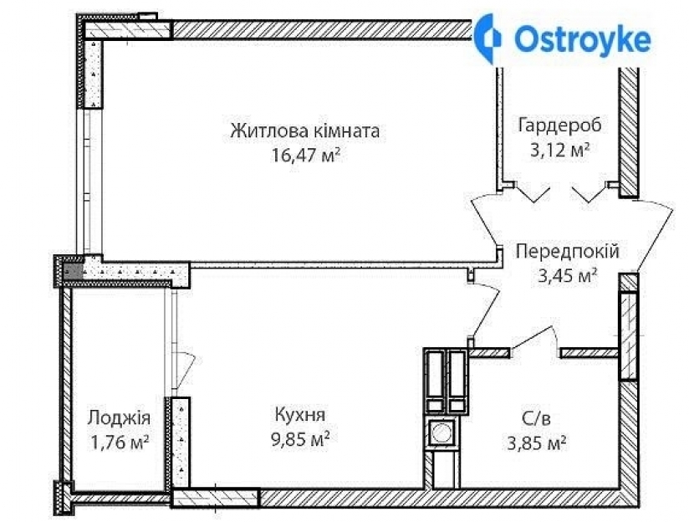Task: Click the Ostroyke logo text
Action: coord(582,40)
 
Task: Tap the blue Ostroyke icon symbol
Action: coord(488,38)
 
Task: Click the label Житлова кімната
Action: coord(305,131)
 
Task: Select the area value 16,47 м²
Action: coord(306,155)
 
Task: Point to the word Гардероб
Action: coord(560,125)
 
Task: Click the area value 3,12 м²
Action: coord(559,151)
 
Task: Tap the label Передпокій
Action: coord(567,252)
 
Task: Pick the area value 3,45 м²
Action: coord(567,276)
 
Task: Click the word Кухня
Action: coord(300,414)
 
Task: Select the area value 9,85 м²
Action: coord(300,439)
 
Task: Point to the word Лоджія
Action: coord(119,417)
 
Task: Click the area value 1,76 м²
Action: coord(119,443)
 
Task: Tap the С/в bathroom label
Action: coord(536,418)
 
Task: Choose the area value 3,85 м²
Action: coord(536,443)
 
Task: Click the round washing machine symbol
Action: coord(441,432)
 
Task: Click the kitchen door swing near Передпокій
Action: coord(486,309)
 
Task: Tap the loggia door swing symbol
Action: coord(184,370)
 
